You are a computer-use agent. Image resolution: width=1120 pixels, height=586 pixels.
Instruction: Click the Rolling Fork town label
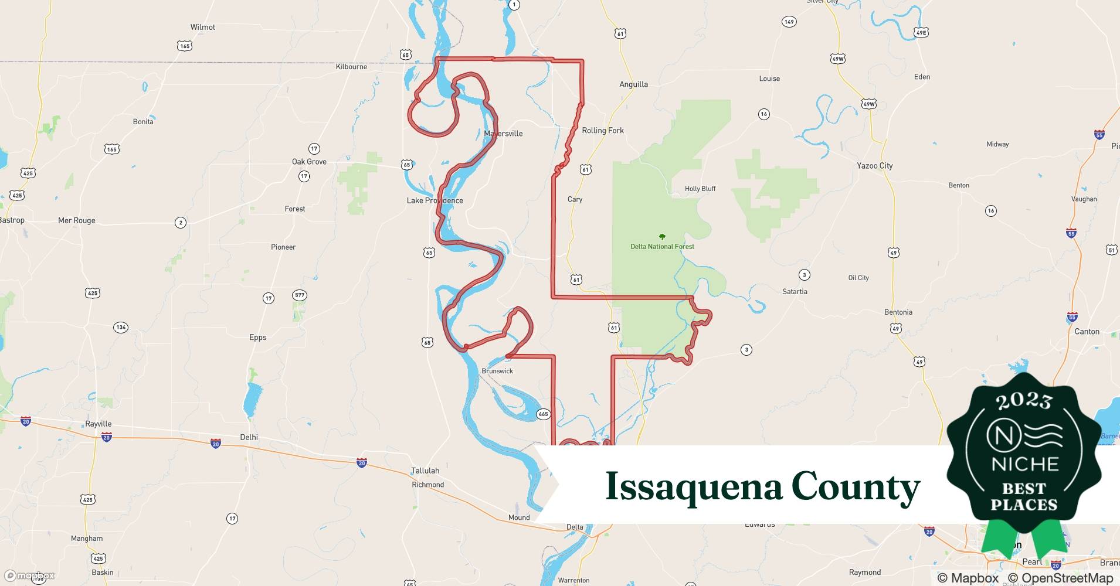[603, 131]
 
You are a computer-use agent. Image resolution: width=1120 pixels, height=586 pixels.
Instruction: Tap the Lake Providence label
[435, 200]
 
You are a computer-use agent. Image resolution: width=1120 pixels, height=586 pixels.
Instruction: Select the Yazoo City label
[874, 166]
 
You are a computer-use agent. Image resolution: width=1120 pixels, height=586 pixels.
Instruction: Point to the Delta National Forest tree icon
[662, 237]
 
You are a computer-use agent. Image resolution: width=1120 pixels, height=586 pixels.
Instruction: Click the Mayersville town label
[503, 134]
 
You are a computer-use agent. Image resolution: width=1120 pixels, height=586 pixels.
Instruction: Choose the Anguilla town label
[633, 84]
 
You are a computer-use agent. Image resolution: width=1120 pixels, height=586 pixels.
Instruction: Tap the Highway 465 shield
[543, 414]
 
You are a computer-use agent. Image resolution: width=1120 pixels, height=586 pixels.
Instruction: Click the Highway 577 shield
[300, 295]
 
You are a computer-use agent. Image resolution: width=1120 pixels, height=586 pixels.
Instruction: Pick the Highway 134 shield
[121, 327]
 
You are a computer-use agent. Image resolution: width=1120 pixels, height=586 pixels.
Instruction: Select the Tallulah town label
[425, 471]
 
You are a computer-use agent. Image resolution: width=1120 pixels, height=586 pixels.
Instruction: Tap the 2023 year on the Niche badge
[1024, 401]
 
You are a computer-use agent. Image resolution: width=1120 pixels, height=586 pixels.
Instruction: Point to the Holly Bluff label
[700, 189]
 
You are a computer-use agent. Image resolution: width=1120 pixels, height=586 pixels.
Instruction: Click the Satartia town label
[795, 291]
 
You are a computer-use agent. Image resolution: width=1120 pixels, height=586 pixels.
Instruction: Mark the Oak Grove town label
[309, 162]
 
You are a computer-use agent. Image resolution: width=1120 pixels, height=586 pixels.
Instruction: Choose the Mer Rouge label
[76, 220]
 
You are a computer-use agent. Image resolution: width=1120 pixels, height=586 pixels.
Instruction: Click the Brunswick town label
[497, 371]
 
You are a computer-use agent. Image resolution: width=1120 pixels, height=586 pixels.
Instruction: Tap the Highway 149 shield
[789, 22]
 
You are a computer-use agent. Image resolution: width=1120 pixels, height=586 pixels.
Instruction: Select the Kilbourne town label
[351, 67]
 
